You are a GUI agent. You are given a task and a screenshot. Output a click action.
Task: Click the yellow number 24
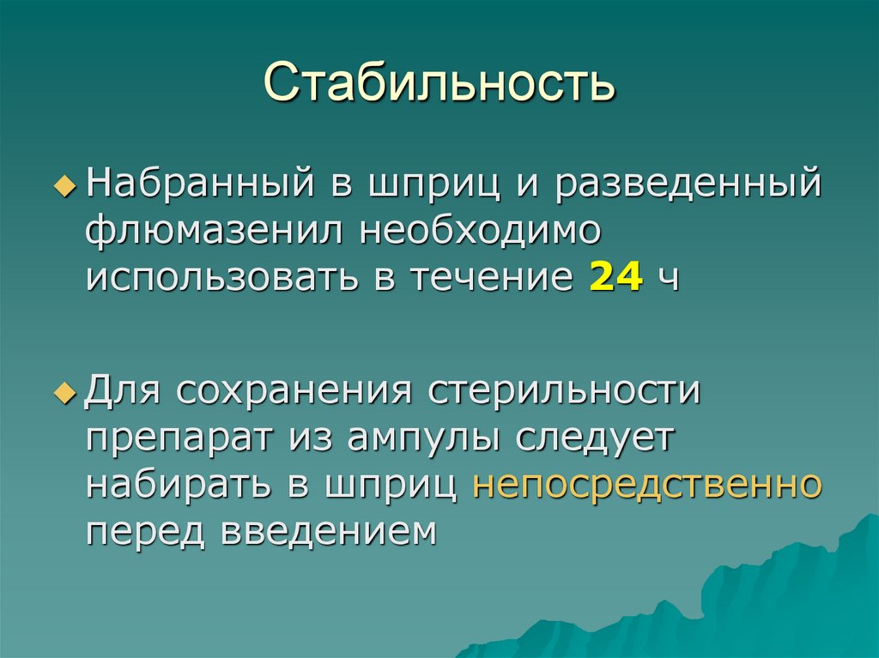point(615,277)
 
